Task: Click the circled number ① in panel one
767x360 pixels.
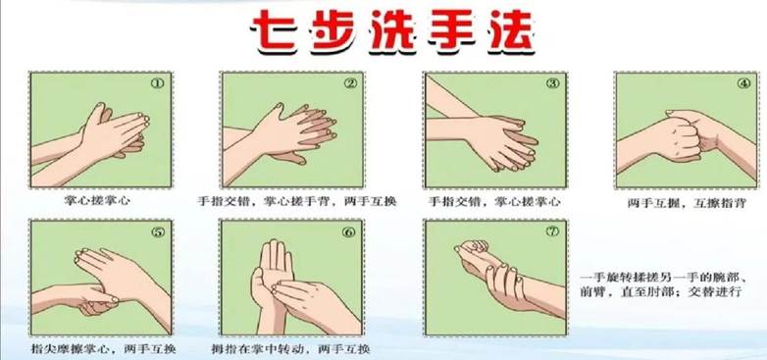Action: click(x=157, y=83)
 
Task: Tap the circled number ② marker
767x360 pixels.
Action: click(x=350, y=83)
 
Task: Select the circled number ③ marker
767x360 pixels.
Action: click(x=553, y=83)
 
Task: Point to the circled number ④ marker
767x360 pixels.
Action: click(x=743, y=83)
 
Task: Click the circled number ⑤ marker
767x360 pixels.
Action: click(x=158, y=231)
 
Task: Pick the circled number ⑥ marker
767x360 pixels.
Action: click(x=348, y=231)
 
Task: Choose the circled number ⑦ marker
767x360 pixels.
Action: click(x=552, y=231)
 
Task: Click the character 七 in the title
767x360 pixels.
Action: click(x=276, y=31)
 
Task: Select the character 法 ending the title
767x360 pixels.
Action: click(x=510, y=31)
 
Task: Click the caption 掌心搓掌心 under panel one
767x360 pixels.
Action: click(x=98, y=200)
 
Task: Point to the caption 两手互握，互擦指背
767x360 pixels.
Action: click(x=687, y=202)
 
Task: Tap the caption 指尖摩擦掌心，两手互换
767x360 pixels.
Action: click(x=103, y=349)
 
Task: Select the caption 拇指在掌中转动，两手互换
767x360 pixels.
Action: click(x=290, y=349)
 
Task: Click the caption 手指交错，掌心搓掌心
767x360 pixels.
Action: click(x=494, y=201)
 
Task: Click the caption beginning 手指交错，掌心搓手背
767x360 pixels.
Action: click(x=297, y=201)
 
